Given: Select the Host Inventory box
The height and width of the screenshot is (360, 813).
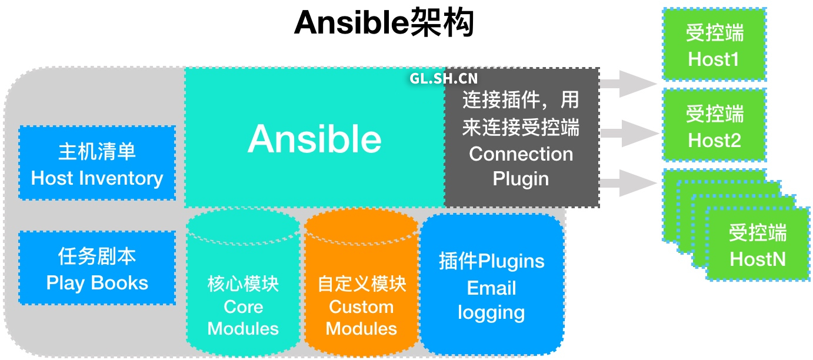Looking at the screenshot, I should point(97,163).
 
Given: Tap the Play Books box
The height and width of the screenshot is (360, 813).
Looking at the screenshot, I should point(97,268).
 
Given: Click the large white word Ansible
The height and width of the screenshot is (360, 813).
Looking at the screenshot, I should point(315,139).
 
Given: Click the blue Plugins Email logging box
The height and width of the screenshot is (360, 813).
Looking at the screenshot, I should point(491,286).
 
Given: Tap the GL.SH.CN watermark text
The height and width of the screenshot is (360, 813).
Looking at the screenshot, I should point(444,79).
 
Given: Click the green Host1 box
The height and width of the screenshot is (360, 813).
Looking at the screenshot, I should point(714,45).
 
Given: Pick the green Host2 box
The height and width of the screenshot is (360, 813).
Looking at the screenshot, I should point(714,126).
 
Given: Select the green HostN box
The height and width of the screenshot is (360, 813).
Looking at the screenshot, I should point(758,245).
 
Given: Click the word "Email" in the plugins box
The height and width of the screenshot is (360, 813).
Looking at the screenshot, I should point(491,288).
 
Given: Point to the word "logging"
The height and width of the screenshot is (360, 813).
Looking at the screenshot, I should point(491,312).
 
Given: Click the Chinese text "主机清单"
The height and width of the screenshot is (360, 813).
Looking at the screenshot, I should point(97,151).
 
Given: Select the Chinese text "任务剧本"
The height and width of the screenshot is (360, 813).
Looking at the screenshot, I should point(97,256).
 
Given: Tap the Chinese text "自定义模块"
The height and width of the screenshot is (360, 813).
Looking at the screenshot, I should point(362,284).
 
